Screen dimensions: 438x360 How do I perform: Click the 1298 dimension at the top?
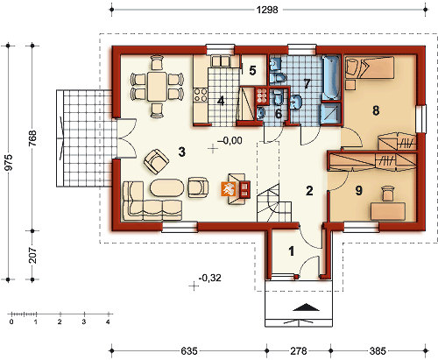click(267, 10)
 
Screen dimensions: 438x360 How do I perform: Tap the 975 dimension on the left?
click(9, 162)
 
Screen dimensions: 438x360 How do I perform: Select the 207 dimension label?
click(33, 255)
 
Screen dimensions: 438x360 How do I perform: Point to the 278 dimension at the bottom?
click(299, 350)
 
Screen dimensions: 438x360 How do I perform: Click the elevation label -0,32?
click(210, 278)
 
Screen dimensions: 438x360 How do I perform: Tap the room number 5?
click(252, 70)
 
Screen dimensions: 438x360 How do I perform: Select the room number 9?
click(359, 190)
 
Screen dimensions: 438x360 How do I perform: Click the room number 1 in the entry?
click(291, 251)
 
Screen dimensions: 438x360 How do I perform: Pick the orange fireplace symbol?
click(227, 189)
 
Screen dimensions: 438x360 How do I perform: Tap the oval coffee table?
click(167, 187)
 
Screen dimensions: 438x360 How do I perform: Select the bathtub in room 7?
click(331, 78)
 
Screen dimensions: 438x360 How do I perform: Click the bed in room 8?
click(370, 67)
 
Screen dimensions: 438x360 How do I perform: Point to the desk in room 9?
click(388, 211)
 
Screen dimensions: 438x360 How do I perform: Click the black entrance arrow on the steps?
click(306, 307)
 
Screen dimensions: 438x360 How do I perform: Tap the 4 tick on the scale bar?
click(109, 314)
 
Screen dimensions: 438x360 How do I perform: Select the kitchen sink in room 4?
click(221, 61)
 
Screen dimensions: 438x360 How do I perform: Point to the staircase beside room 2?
click(274, 202)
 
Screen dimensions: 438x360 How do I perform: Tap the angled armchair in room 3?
click(156, 161)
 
